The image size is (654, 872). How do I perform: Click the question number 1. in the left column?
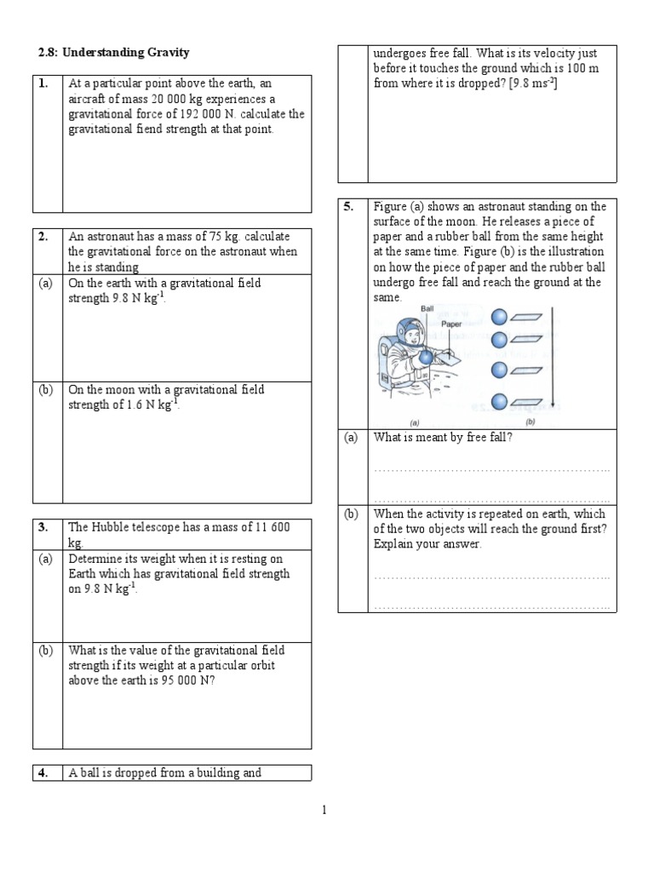pos(43,84)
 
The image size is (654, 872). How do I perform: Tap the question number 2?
pos(43,237)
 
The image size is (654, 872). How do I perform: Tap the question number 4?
pos(43,773)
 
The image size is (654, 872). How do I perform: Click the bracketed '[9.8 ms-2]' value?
pos(529,82)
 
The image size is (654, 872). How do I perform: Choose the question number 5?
pos(349,207)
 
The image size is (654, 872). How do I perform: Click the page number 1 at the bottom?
pos(324,811)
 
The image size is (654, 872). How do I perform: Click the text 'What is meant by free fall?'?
pos(442,438)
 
